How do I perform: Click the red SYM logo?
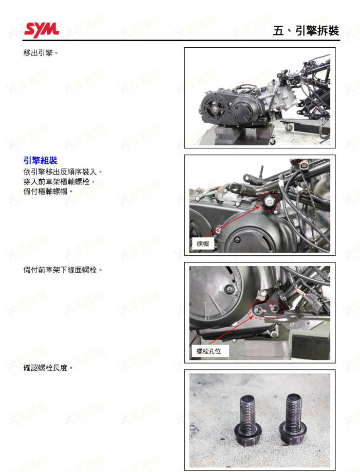tap(41, 29)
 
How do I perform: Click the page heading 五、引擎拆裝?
tap(306, 30)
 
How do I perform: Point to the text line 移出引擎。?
tap(41, 53)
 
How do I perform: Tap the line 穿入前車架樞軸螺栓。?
tap(60, 181)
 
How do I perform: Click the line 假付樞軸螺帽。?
tap(48, 191)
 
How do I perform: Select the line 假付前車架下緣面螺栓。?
tap(63, 269)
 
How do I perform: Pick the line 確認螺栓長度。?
tap(48, 368)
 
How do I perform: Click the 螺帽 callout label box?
tap(203, 243)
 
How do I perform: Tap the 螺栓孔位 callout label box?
tap(209, 351)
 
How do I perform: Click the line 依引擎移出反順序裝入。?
tap(63, 171)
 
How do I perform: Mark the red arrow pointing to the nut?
tap(236, 221)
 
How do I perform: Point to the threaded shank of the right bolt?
tap(293, 411)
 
